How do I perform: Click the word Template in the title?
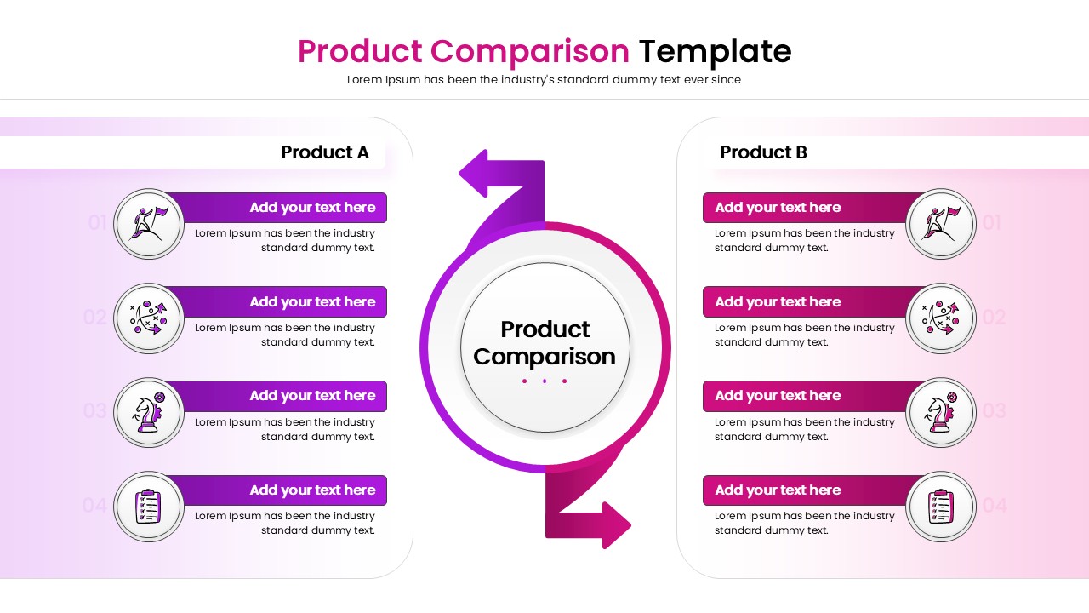click(715, 52)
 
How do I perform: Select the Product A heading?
click(325, 152)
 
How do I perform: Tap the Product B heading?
click(763, 152)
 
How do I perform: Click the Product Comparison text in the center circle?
click(544, 342)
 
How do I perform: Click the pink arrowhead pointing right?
click(615, 524)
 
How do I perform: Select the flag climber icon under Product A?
click(149, 224)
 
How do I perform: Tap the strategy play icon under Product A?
click(149, 318)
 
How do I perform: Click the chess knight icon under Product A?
click(149, 413)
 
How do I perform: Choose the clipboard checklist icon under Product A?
click(149, 507)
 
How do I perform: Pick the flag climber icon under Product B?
click(940, 224)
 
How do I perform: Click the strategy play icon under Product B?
click(940, 318)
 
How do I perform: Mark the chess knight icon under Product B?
click(940, 413)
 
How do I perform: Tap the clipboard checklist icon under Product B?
click(940, 507)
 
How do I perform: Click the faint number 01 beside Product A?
click(98, 223)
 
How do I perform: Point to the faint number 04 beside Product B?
click(994, 506)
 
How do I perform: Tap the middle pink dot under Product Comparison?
click(545, 381)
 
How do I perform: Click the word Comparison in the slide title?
click(530, 52)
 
